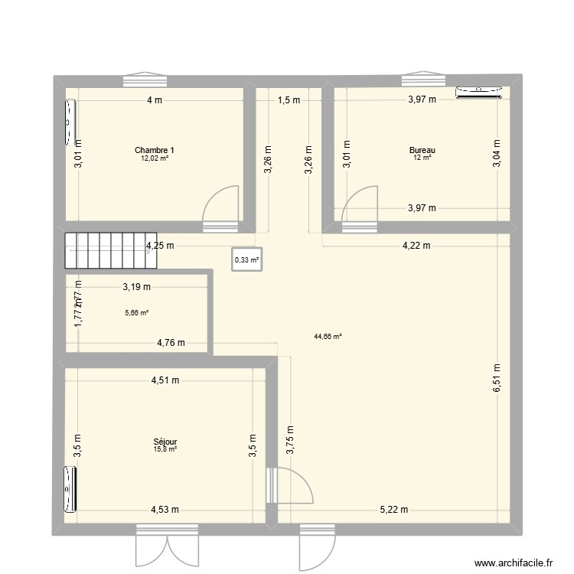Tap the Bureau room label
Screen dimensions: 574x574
point(422,150)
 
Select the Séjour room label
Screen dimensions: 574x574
point(166,442)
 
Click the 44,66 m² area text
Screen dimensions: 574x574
point(327,335)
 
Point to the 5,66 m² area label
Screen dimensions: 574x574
point(136,312)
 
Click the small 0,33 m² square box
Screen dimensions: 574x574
point(246,259)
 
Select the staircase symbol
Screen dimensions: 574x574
point(110,251)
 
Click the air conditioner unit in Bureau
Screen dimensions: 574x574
point(481,93)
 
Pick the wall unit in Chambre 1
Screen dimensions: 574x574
point(69,121)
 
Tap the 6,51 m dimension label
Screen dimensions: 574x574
point(497,377)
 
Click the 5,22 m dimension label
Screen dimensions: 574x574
point(395,510)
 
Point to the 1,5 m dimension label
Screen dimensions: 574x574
point(289,99)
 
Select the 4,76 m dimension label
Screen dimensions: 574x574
point(171,343)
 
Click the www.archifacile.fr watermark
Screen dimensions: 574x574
point(511,563)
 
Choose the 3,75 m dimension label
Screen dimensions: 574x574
point(290,439)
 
